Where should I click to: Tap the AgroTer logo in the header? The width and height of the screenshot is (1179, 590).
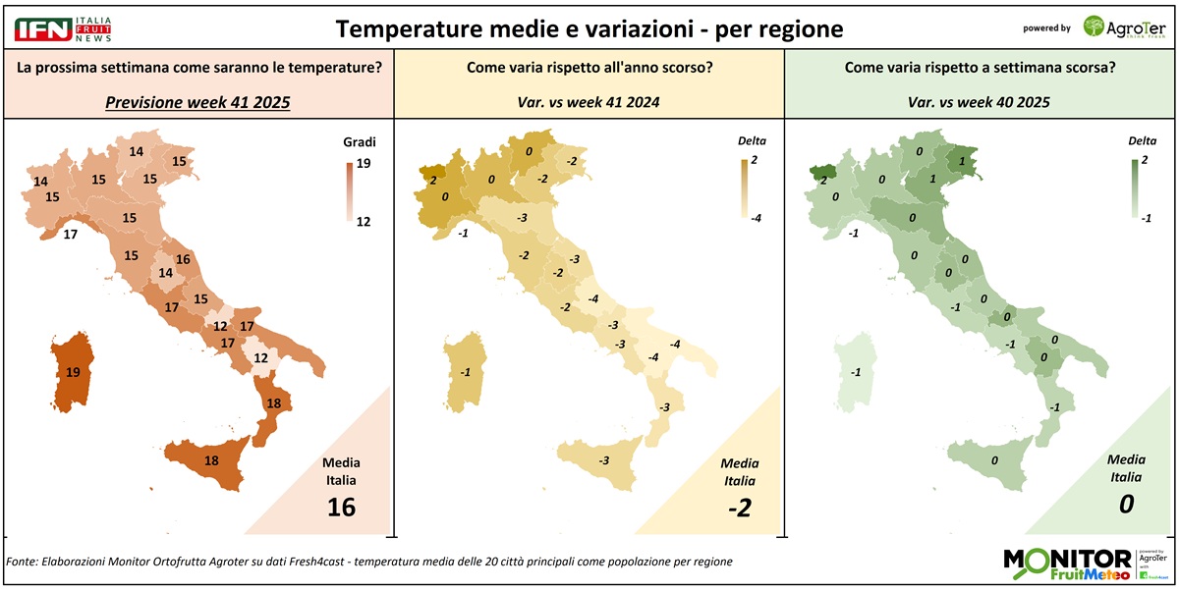pyautogui.click(x=1123, y=27)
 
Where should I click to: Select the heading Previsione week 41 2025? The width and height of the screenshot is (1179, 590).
pyautogui.click(x=197, y=102)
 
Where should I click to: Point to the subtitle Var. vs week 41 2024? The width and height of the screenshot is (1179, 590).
pyautogui.click(x=589, y=102)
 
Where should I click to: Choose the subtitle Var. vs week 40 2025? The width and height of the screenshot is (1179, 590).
pyautogui.click(x=981, y=102)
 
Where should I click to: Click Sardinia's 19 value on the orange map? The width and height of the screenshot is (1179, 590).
pyautogui.click(x=73, y=373)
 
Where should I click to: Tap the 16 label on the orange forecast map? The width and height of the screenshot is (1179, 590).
pyautogui.click(x=182, y=260)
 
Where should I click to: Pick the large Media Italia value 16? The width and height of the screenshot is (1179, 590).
pyautogui.click(x=342, y=507)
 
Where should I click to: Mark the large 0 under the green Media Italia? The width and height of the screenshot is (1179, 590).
pyautogui.click(x=1127, y=505)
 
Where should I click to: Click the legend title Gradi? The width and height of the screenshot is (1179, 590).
pyautogui.click(x=360, y=142)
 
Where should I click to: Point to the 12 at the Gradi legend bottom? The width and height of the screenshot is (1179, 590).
pyautogui.click(x=363, y=222)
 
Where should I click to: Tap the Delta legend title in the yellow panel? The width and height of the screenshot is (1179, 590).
pyautogui.click(x=752, y=141)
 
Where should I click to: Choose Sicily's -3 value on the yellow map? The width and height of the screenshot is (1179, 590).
pyautogui.click(x=603, y=460)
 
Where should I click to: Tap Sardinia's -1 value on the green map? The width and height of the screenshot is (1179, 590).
pyautogui.click(x=856, y=373)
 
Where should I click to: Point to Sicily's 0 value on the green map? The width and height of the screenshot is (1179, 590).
pyautogui.click(x=994, y=460)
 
